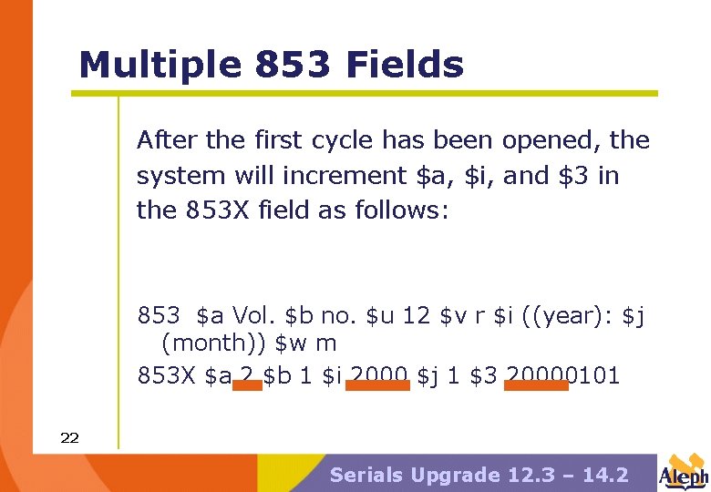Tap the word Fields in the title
[406, 66]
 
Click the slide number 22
[69, 438]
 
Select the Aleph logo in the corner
[684, 472]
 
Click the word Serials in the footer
[367, 475]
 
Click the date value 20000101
[562, 374]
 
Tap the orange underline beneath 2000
[377, 386]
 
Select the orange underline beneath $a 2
[246, 386]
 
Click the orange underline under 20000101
[536, 386]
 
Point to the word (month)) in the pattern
[214, 343]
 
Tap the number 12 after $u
[416, 316]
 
